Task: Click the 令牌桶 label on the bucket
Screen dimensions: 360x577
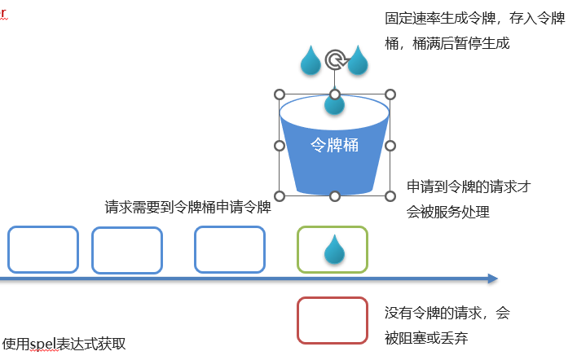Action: [334, 145]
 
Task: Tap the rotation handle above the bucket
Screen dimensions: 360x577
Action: [334, 59]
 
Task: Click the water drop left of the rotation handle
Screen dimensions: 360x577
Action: [311, 61]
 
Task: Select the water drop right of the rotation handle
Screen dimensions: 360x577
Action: [359, 61]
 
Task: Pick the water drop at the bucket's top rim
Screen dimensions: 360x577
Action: [334, 102]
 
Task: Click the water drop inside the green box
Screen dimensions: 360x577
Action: [333, 250]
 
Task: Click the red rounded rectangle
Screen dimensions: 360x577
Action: [332, 321]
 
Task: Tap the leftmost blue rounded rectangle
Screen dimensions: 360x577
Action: [43, 249]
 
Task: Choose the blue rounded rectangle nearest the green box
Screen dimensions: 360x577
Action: [230, 249]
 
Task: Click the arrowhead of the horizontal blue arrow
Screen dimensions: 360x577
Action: [491, 279]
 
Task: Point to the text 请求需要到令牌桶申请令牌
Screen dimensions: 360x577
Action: [187, 207]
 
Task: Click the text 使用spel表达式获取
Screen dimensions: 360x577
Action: [64, 344]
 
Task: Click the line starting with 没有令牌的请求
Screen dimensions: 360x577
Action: [447, 313]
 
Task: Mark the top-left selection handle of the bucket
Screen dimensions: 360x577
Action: [279, 94]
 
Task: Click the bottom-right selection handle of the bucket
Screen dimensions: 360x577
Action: [390, 195]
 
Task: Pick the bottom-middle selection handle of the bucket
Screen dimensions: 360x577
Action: [334, 195]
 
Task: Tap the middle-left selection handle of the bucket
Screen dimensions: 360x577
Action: [279, 145]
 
